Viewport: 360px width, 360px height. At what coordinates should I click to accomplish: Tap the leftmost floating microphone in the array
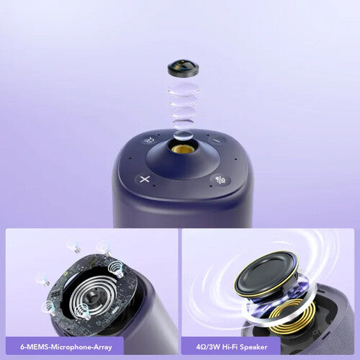(x=43, y=279)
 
